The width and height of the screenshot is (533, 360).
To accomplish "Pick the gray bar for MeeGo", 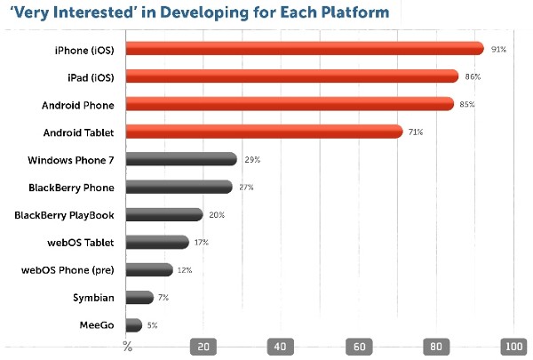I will point(134,325).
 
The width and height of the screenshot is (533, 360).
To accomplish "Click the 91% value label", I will point(498,50).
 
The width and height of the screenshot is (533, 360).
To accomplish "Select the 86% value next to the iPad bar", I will point(473,77).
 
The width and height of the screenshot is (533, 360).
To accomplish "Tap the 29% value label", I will point(251,160).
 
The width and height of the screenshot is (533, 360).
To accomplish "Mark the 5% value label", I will point(152,326).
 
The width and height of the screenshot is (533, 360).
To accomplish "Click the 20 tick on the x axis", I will point(204,347).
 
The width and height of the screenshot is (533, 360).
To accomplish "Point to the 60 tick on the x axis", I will point(360,347).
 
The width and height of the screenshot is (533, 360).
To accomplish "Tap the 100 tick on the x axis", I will point(513,347).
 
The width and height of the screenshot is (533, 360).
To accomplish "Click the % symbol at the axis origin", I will point(127,347).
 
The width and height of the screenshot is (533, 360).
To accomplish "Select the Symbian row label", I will point(98,298).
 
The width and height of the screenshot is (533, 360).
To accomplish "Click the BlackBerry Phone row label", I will point(72,187).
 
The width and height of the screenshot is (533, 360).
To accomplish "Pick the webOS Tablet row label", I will point(84,242).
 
